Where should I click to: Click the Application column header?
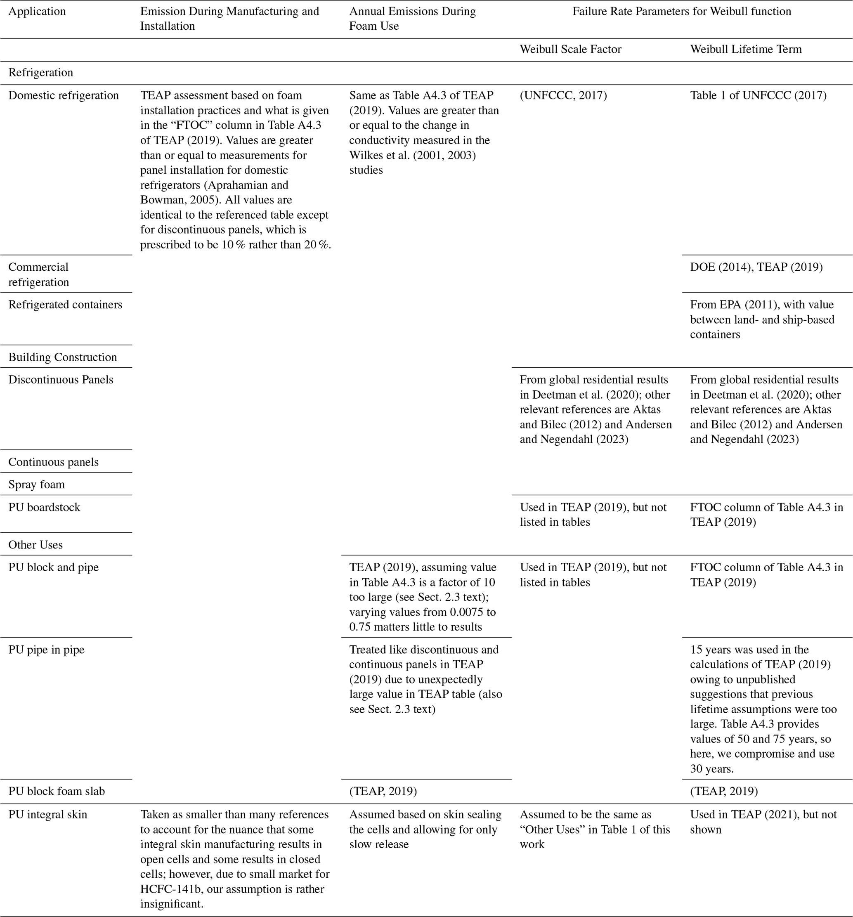click(37, 11)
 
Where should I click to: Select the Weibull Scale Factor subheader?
click(570, 50)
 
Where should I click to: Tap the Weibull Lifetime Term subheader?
click(746, 50)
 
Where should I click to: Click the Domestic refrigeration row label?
click(63, 95)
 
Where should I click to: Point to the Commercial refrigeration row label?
click(38, 274)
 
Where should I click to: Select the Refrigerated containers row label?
click(65, 305)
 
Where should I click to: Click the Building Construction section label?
click(62, 357)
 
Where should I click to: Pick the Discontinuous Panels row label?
click(60, 380)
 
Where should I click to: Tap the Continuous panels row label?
click(53, 462)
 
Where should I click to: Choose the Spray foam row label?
click(36, 484)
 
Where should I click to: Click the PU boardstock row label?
click(44, 507)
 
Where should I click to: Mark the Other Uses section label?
click(35, 545)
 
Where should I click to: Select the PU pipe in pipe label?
click(46, 650)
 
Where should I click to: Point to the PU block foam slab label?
click(56, 792)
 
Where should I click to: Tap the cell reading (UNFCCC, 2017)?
click(563, 95)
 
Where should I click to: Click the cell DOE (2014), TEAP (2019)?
click(756, 267)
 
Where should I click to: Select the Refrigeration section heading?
click(40, 72)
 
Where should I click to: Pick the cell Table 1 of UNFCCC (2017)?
click(758, 95)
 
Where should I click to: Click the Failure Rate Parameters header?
click(681, 11)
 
